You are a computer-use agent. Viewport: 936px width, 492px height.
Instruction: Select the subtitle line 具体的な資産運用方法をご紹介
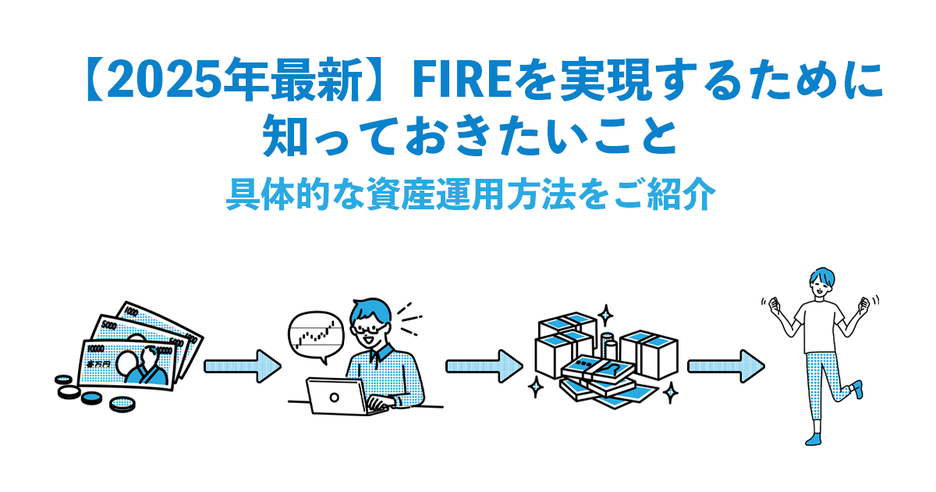coord(468,194)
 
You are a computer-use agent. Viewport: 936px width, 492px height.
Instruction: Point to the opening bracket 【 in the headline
coord(94,80)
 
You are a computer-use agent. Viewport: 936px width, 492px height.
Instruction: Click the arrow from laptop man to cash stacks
coord(483,365)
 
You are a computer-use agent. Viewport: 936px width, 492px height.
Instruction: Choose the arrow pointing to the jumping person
coord(725,365)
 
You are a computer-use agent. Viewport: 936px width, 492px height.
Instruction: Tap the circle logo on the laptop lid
coord(335,397)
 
